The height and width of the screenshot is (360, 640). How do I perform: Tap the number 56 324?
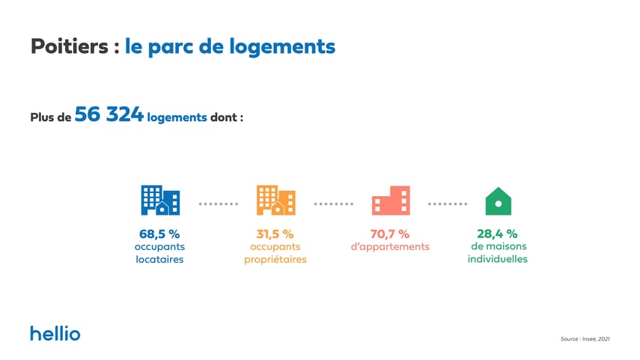tap(109, 116)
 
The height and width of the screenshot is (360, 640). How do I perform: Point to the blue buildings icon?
tap(159, 200)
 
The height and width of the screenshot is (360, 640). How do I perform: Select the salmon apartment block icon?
tap(390, 201)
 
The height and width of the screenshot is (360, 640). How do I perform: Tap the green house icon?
tap(498, 201)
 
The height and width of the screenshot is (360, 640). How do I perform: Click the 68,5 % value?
tap(159, 234)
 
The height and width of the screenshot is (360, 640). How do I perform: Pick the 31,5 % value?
tap(275, 234)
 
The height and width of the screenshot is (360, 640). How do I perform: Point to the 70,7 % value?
tap(390, 234)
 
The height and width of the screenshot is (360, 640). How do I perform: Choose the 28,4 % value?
tap(497, 234)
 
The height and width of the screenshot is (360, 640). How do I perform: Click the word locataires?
tap(159, 260)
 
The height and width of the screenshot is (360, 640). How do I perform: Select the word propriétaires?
tap(275, 260)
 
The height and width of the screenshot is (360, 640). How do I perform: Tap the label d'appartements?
tap(390, 247)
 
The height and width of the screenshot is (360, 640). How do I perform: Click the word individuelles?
tap(497, 260)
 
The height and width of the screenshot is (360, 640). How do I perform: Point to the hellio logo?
tap(55, 333)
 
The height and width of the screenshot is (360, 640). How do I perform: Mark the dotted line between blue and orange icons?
tap(218, 204)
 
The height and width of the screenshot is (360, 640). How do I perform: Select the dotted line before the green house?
tap(447, 204)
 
